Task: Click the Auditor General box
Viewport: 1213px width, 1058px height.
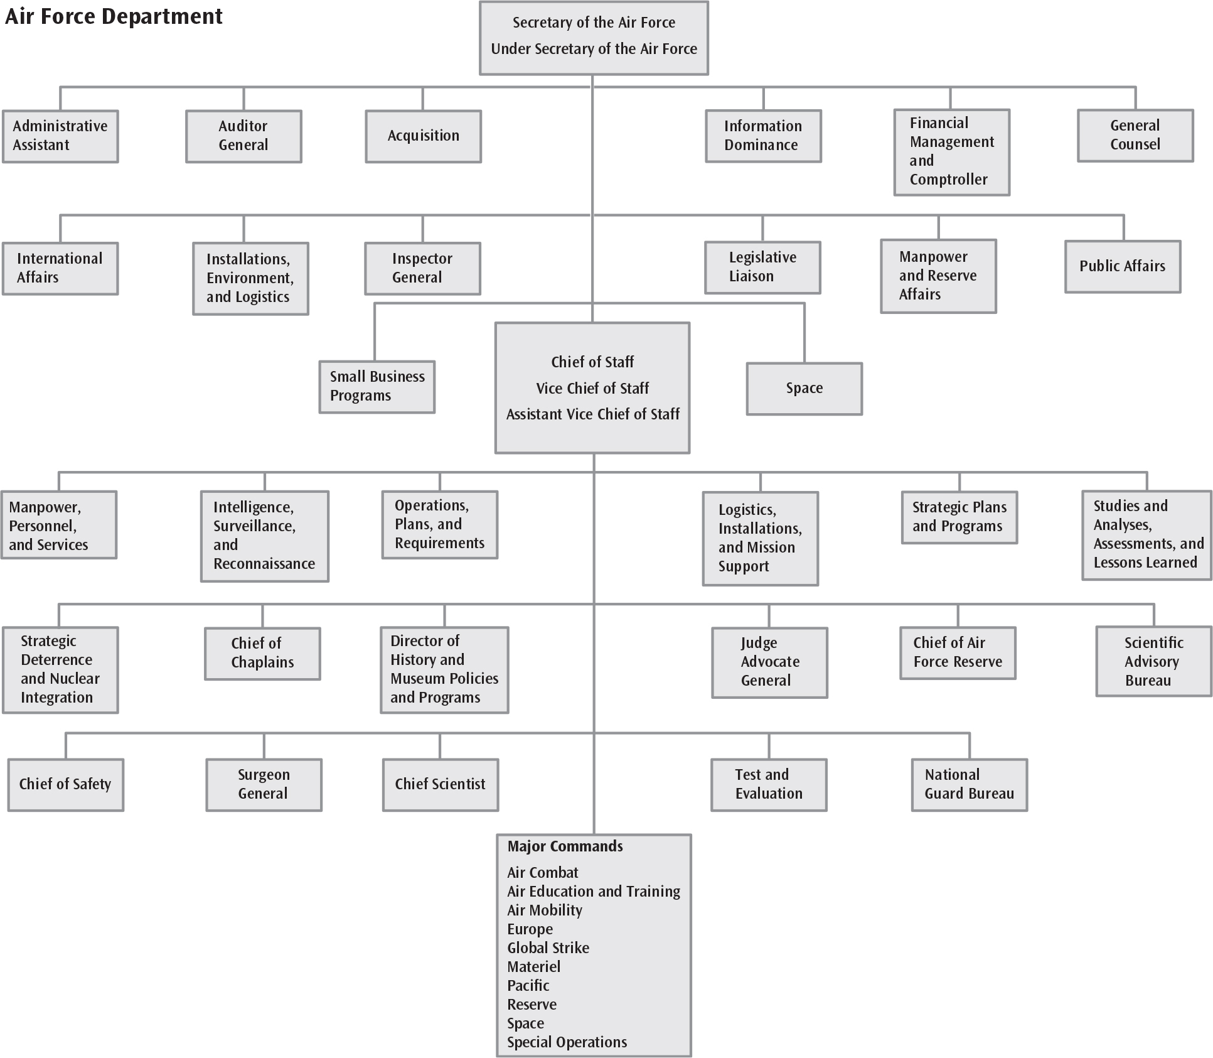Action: [x=243, y=136]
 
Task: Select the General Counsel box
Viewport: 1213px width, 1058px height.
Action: [x=1135, y=136]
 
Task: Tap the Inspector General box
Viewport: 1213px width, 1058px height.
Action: [x=422, y=268]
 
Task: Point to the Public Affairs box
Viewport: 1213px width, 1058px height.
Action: [x=1123, y=266]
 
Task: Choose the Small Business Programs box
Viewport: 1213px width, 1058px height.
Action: [x=377, y=387]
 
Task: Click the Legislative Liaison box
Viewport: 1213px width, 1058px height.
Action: [x=762, y=267]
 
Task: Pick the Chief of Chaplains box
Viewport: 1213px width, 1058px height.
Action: [x=262, y=654]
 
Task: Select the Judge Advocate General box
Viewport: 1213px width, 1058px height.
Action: [x=769, y=662]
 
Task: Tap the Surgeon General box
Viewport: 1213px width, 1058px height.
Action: [x=264, y=785]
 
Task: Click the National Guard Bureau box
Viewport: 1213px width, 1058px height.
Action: [x=970, y=785]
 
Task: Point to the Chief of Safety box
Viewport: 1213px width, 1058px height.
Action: [x=65, y=785]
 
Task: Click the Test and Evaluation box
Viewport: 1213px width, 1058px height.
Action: [x=769, y=785]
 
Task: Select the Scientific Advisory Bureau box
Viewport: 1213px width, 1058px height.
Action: [x=1153, y=661]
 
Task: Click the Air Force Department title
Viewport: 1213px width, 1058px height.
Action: [x=114, y=16]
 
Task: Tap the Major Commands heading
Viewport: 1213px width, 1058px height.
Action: [x=565, y=846]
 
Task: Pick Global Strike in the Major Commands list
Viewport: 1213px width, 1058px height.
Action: [x=548, y=947]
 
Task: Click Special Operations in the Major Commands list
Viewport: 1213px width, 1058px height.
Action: [x=567, y=1042]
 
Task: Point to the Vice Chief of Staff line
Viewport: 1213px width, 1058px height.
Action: [x=592, y=388]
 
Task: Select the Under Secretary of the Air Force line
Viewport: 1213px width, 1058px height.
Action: [x=594, y=49]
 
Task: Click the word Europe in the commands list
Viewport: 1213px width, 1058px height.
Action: [x=530, y=929]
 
